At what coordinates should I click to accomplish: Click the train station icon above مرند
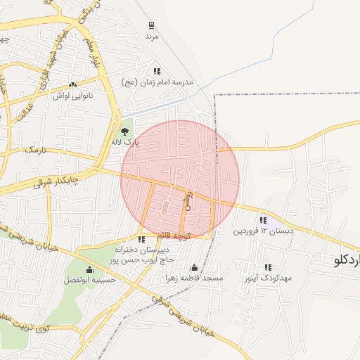pos(150,24)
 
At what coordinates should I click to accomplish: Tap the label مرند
pos(152,35)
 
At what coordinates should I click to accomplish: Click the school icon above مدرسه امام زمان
pos(157,71)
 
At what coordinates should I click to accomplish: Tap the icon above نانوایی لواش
pos(73,85)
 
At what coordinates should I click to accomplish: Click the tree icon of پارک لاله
pos(125,131)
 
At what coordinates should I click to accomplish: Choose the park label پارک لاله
pos(125,142)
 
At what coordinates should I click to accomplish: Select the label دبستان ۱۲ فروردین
pos(263,231)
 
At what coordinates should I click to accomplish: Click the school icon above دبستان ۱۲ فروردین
pos(264,220)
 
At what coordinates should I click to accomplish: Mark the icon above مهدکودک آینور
pos(268,267)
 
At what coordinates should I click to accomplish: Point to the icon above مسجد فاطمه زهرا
pos(195,268)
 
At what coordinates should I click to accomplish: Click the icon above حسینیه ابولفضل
pos(89,270)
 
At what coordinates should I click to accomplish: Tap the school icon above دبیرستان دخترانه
pos(142,239)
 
